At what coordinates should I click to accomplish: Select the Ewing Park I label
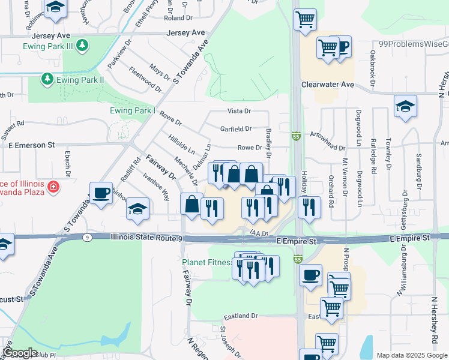pyautogui.click(x=133, y=111)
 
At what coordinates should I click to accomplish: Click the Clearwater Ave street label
pyautogui.click(x=328, y=85)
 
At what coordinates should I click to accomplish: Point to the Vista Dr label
pyautogui.click(x=239, y=111)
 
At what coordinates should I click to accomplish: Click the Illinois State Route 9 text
pyautogui.click(x=146, y=238)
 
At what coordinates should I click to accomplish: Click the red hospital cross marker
pyautogui.click(x=54, y=187)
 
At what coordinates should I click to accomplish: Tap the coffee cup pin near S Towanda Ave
pyautogui.click(x=101, y=193)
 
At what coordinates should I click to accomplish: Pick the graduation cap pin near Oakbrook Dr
pyautogui.click(x=405, y=106)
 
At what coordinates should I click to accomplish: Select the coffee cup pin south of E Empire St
pyautogui.click(x=310, y=274)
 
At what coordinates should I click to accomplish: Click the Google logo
pyautogui.click(x=20, y=353)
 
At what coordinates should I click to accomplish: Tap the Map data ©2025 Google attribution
pyautogui.click(x=411, y=355)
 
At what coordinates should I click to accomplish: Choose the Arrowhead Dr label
pyautogui.click(x=328, y=148)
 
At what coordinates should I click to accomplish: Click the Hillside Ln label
pyautogui.click(x=181, y=144)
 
